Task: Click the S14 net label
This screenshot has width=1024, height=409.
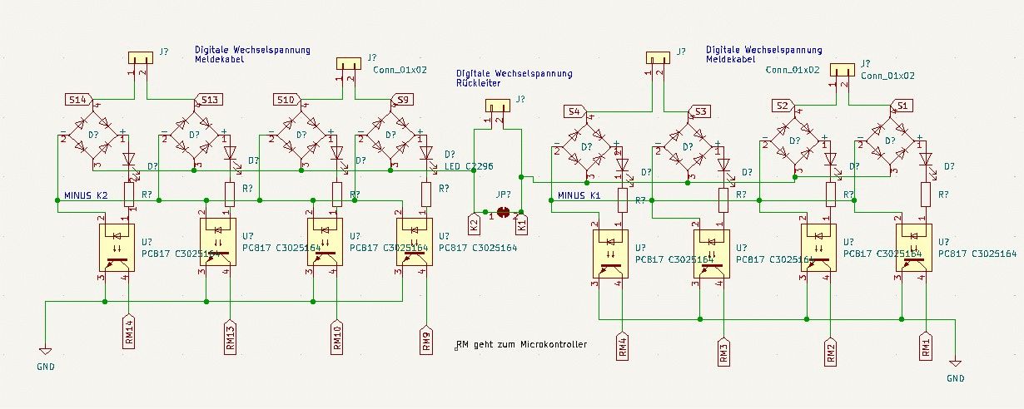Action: click(x=77, y=101)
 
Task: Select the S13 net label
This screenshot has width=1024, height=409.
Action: click(x=208, y=101)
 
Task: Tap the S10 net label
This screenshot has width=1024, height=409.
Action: click(x=286, y=101)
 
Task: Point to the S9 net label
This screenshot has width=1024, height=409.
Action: click(x=403, y=101)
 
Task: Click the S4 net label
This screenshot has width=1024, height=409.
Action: click(x=574, y=111)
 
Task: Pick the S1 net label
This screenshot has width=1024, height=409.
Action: click(x=902, y=106)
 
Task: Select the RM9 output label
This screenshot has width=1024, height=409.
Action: click(x=426, y=341)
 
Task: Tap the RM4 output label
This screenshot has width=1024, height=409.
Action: click(x=622, y=346)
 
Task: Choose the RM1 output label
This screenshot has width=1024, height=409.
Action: click(x=926, y=346)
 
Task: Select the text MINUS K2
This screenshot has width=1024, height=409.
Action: click(x=86, y=196)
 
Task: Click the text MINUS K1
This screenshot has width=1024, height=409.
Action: click(x=579, y=196)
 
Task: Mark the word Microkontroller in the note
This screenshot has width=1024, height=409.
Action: click(x=553, y=344)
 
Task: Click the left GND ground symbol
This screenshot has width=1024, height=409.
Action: click(x=46, y=353)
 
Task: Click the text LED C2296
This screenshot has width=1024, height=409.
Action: click(x=468, y=167)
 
